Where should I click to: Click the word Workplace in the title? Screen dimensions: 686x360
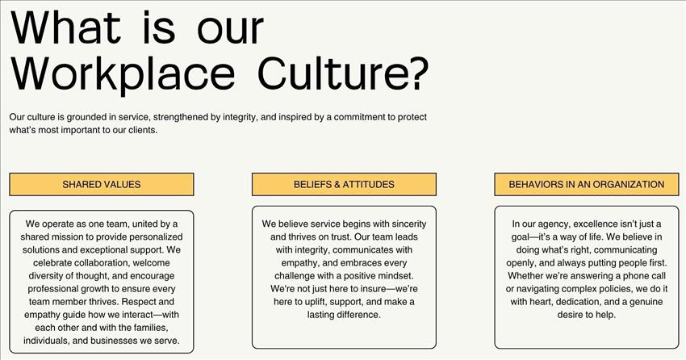click(123, 74)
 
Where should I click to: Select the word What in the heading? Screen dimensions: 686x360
click(65, 27)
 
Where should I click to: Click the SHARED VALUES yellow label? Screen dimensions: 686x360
click(102, 184)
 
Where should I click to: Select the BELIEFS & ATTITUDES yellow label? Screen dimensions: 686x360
click(344, 184)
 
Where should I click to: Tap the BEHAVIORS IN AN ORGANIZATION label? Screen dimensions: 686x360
click(587, 184)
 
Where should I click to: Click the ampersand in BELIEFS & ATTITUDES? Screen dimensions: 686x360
click(337, 184)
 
